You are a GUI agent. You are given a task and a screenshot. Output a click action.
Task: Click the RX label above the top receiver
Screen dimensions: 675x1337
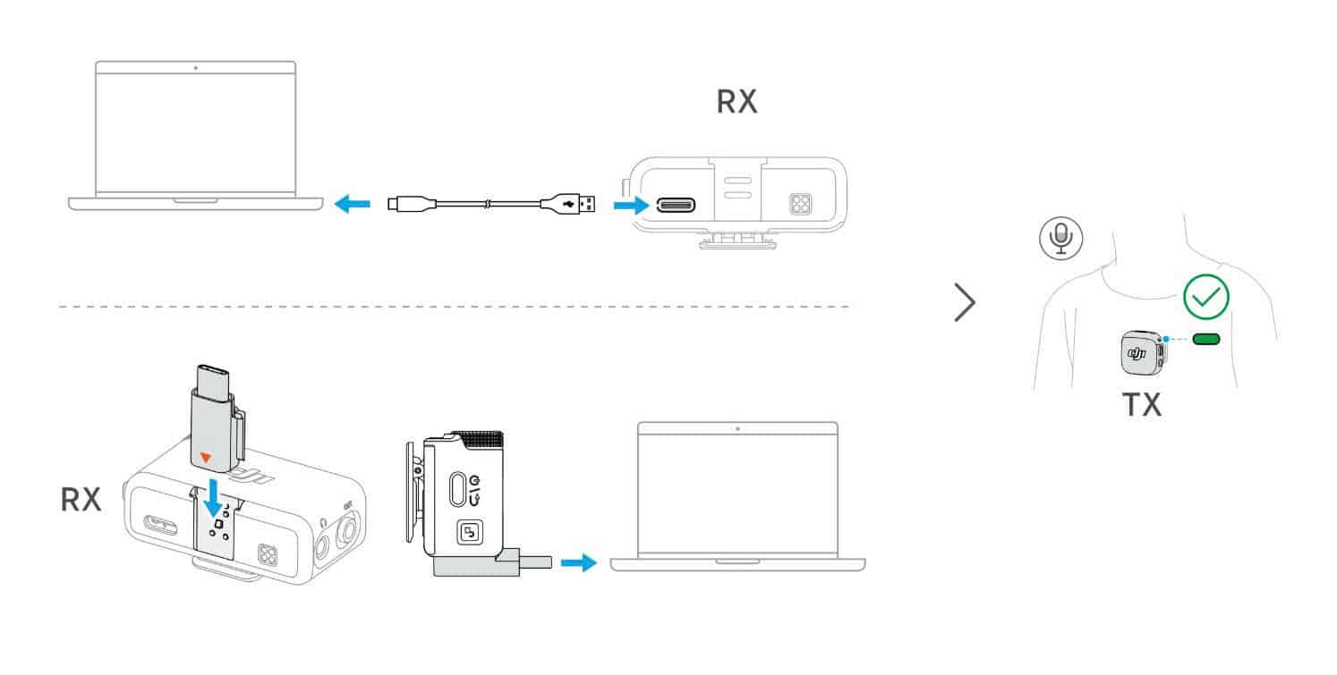click(x=737, y=102)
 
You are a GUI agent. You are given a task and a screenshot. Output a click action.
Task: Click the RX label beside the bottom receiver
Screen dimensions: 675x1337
click(x=81, y=500)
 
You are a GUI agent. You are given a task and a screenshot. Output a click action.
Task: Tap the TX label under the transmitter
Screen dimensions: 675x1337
click(x=1141, y=405)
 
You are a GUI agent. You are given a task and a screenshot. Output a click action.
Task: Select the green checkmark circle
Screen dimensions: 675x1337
click(x=1206, y=297)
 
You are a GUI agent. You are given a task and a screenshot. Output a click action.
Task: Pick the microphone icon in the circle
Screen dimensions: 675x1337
click(x=1061, y=238)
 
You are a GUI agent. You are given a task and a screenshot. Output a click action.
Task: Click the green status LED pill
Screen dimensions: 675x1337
click(x=1208, y=340)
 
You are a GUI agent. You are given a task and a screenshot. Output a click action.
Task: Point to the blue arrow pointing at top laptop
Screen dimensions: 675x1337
click(x=353, y=205)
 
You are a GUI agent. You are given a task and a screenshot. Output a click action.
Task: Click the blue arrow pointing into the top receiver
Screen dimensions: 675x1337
click(x=631, y=205)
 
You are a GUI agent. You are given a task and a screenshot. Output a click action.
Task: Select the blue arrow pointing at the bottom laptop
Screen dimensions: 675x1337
click(x=577, y=562)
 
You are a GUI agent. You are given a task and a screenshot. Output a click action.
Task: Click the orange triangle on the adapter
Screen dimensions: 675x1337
click(x=207, y=458)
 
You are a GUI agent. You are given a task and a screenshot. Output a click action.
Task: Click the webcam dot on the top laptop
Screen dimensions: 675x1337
click(x=196, y=68)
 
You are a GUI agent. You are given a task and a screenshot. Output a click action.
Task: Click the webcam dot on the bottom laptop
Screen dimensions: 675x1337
click(x=737, y=429)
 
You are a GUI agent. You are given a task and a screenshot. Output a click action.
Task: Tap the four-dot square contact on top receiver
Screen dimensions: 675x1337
click(x=799, y=205)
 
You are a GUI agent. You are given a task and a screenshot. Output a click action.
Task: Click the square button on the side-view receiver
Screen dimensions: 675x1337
click(x=469, y=533)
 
